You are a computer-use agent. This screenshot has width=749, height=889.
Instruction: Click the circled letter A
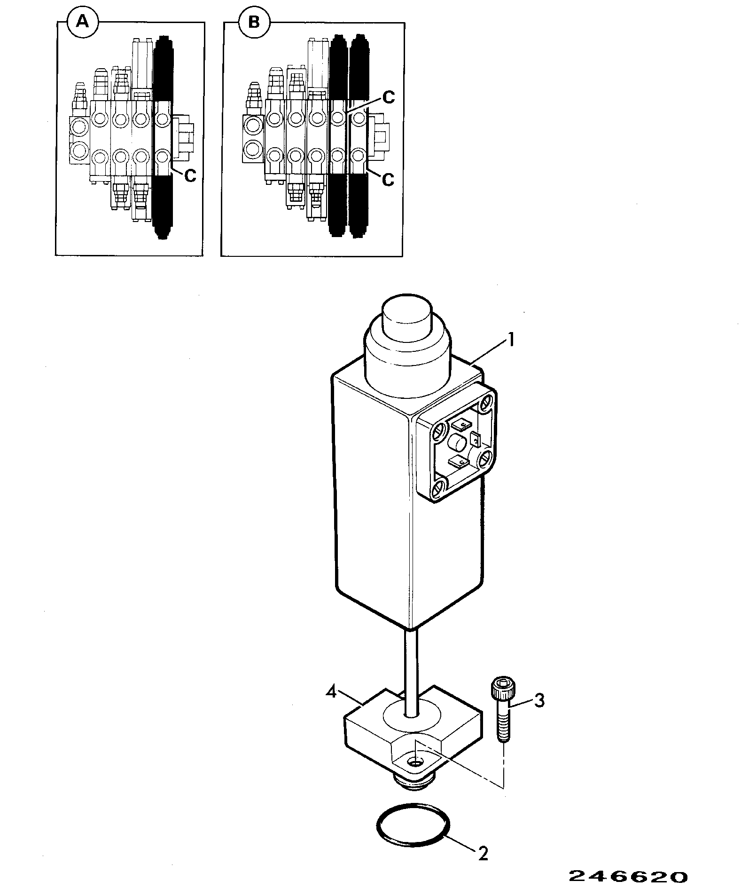click(82, 22)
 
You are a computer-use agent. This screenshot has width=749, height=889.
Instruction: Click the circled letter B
click(254, 22)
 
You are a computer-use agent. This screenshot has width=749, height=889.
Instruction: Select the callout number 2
click(483, 853)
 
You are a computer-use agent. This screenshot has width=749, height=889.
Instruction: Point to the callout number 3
click(539, 700)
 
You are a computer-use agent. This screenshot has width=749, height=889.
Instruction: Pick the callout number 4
click(332, 693)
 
